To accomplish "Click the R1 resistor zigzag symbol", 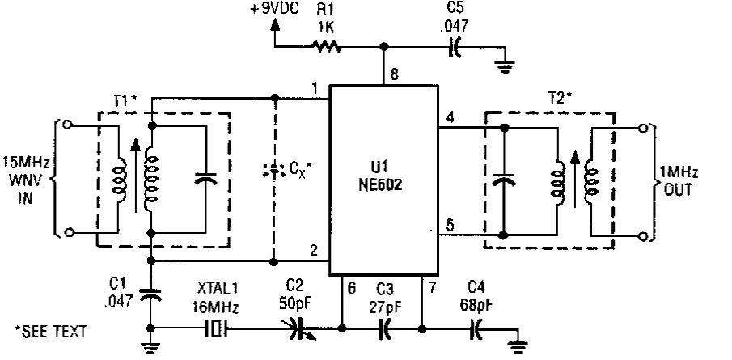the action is [x=327, y=46].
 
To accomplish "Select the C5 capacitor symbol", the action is [x=454, y=47].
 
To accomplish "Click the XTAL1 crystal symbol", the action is [x=216, y=328].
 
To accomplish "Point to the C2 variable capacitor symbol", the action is [x=299, y=328].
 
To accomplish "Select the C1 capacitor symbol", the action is [x=150, y=297].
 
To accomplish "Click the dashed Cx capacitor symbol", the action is [x=274, y=170].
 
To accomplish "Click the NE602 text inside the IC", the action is [x=383, y=184].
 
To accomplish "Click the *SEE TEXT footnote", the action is [x=51, y=332].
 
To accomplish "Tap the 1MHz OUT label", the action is [x=678, y=182].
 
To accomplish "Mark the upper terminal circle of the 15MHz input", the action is [x=69, y=125].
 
